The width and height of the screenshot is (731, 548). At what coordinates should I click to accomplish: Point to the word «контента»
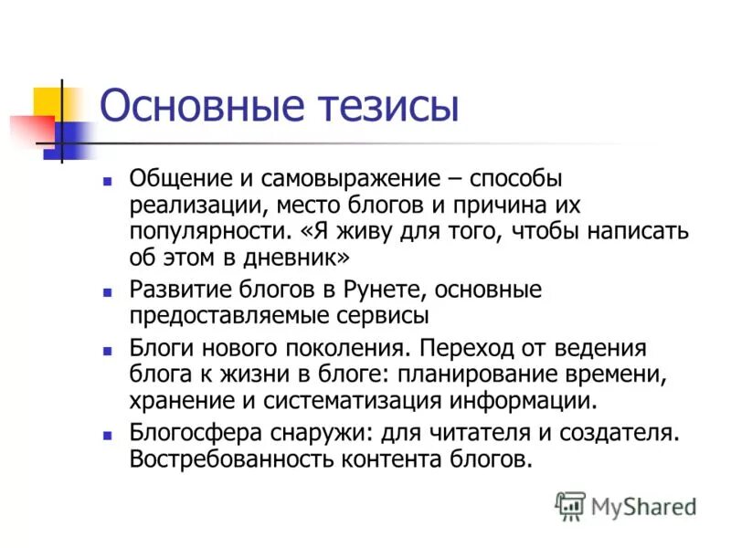383,458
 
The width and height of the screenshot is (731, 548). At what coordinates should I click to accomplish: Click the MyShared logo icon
571,505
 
